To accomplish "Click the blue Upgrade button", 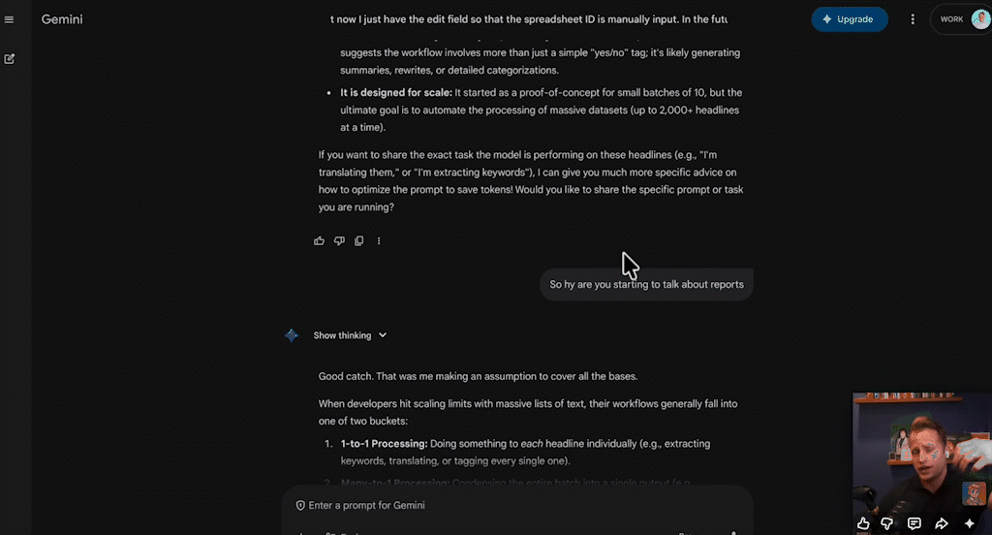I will pos(849,19).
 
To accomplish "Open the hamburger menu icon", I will pos(10,19).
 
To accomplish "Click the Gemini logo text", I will pos(62,19).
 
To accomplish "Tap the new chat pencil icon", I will pos(10,58).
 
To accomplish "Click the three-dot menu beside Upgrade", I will pos(913,19).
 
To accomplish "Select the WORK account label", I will pos(951,19).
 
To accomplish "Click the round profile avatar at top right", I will pos(979,19).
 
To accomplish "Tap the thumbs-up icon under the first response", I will pos(320,240).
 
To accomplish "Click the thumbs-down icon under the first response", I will pos(339,240).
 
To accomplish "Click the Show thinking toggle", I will pos(350,335).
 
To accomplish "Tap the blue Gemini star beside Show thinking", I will pos(292,335).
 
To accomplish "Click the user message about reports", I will pos(646,285).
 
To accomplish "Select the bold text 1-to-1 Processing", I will pos(384,443).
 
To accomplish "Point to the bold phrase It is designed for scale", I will pos(395,93).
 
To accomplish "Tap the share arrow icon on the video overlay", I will pos(941,523).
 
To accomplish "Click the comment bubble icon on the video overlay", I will pos(914,523).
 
